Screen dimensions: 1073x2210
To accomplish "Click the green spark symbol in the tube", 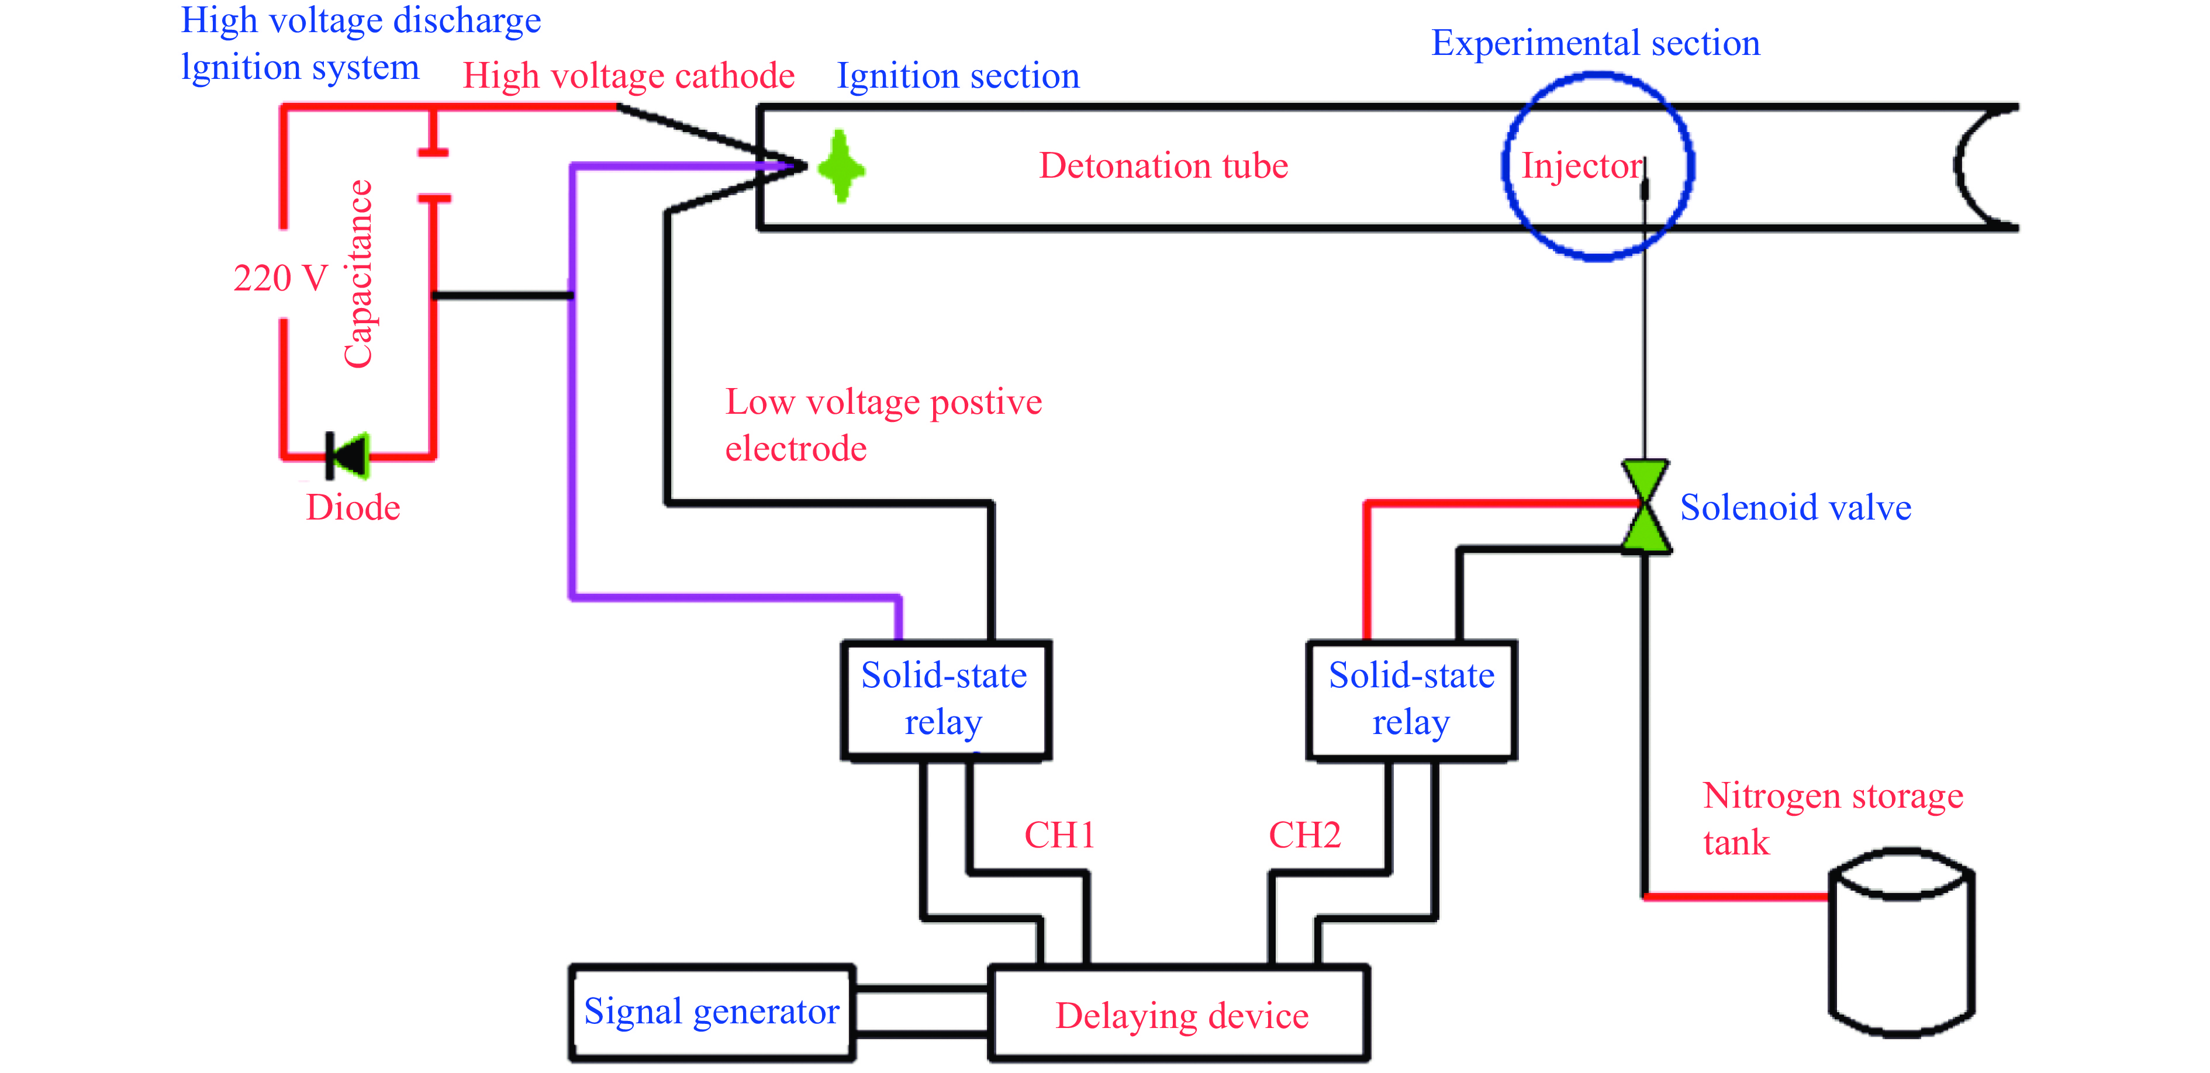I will (841, 167).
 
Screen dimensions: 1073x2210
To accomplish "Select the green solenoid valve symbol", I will (1645, 506).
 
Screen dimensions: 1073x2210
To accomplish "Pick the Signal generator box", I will (711, 1012).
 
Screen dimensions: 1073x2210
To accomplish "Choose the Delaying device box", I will (1180, 1015).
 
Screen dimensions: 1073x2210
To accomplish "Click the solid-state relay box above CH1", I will (945, 699).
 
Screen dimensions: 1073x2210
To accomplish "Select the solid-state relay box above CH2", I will (1411, 699).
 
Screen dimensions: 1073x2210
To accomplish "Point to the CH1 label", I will (1059, 835).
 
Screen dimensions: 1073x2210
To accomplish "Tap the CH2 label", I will (1304, 835).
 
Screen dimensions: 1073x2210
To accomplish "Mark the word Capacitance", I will (358, 275).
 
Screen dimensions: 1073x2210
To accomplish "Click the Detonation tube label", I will (1163, 165).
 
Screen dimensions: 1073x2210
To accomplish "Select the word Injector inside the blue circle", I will (1581, 165).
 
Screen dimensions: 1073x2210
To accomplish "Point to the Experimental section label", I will (1595, 43).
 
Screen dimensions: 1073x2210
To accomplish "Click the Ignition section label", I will (958, 77).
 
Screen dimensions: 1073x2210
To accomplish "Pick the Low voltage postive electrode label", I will (883, 424).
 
